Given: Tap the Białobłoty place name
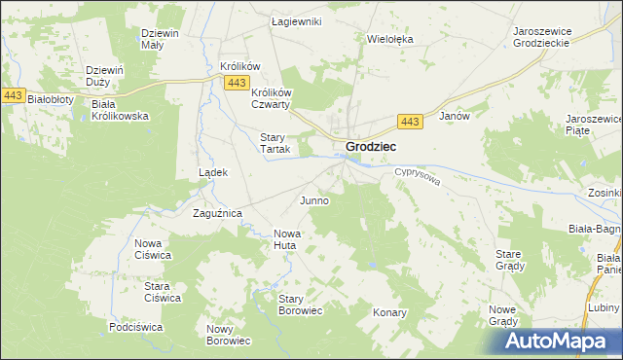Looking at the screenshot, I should (x=50, y=99).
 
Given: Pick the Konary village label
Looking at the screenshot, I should (x=389, y=313).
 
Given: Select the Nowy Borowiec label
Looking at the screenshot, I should (x=229, y=335).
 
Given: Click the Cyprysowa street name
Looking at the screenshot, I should (x=418, y=177).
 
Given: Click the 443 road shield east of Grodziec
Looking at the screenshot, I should (x=410, y=121).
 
